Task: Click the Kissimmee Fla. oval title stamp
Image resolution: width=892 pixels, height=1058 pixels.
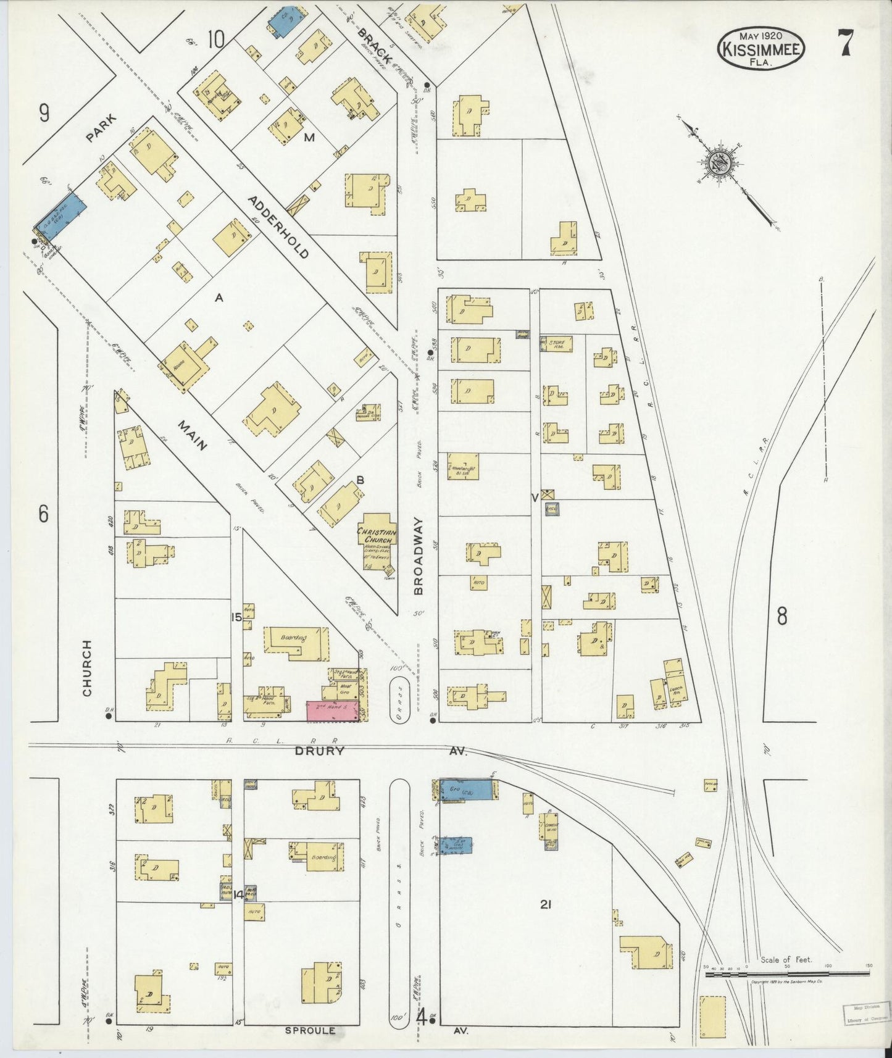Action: pos(761,46)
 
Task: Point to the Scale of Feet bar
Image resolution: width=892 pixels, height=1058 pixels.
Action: pos(787,973)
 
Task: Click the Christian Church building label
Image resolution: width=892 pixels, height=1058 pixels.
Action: pos(377,535)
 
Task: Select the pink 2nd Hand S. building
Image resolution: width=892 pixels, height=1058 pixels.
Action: pos(333,711)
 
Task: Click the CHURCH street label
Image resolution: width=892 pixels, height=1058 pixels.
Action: pos(87,668)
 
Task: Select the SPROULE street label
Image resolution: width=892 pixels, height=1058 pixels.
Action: pos(311,1030)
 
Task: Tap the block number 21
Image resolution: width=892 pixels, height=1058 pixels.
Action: pos(545,905)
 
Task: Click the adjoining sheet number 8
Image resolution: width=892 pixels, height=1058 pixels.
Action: pos(782,616)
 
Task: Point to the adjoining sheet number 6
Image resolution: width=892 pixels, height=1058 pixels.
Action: pos(43,514)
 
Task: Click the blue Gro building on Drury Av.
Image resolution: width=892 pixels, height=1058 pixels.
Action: pos(467,789)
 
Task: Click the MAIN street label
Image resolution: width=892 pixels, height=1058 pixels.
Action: pos(193,435)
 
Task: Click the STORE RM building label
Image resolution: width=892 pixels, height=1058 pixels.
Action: pos(557,343)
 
